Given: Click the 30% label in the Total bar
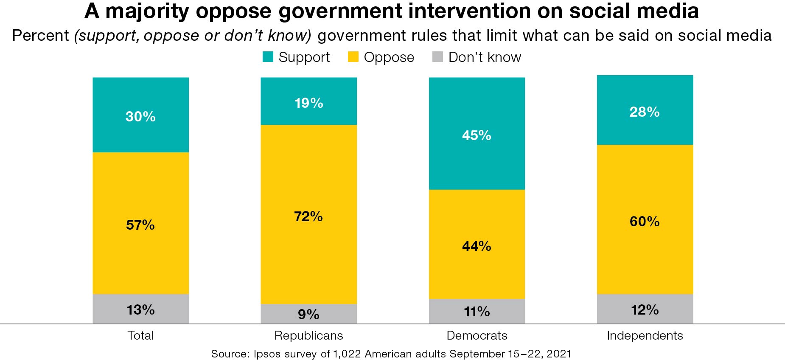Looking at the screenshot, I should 140,116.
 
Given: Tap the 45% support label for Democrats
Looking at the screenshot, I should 477,135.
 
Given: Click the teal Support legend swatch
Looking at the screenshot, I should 268,57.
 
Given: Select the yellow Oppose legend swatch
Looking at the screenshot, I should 353,57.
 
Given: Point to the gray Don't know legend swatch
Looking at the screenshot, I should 437,57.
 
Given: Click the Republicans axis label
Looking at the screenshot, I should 308,335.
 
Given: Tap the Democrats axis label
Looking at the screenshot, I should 477,335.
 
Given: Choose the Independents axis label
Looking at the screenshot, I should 645,335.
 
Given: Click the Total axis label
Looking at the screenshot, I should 140,335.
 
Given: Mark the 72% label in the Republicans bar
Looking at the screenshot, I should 308,217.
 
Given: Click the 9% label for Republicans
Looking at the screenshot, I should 308,314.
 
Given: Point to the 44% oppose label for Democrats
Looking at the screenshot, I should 477,246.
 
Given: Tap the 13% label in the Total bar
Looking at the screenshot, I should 140,309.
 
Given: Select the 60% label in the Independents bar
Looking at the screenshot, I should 645,221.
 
